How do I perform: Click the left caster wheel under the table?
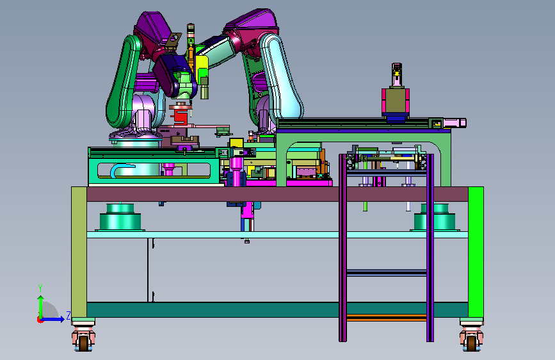tap(83, 343)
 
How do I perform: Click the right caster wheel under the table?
tap(471, 343)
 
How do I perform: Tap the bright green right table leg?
tap(476, 252)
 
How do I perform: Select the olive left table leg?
tap(79, 252)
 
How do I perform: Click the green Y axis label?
tap(40, 288)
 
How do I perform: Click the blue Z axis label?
tap(68, 315)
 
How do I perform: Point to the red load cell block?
tap(181, 116)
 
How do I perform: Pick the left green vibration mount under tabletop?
tap(120, 217)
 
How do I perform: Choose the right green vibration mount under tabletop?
tap(435, 217)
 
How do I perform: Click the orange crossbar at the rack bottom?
tap(387, 318)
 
